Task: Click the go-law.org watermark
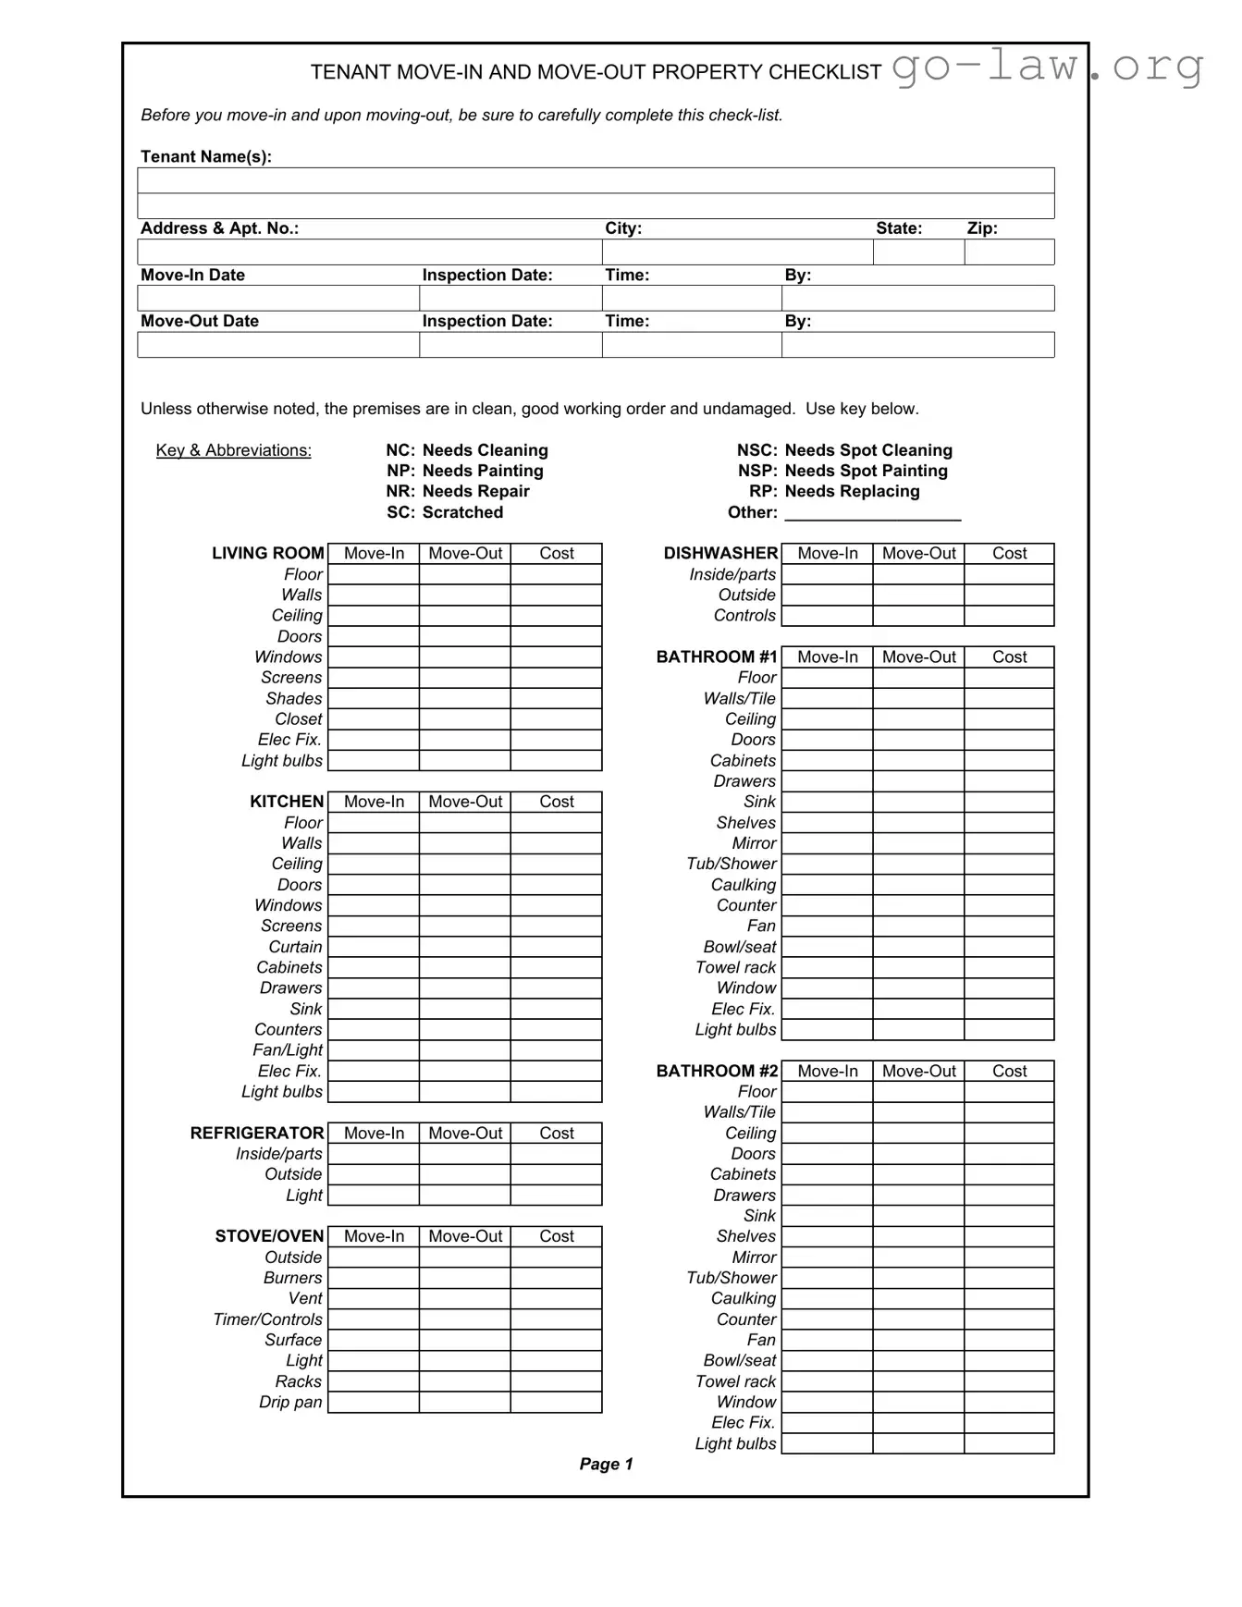pos(1048,67)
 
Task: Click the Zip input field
pos(1009,252)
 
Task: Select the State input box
pos(918,252)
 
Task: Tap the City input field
pos(737,252)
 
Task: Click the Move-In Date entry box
pos(277,299)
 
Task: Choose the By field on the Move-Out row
pos(917,345)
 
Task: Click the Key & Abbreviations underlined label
pos(233,450)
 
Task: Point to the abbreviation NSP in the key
pos(756,471)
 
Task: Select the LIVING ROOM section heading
pos(267,553)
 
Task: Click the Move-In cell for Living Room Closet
pos(374,719)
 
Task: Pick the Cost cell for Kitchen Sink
pos(556,1009)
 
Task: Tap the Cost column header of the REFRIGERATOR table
pos(556,1133)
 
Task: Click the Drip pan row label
pos(290,1402)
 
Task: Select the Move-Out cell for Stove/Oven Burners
pos(464,1278)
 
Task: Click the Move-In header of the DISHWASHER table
pos(827,553)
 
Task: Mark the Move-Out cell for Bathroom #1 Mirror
pos(918,843)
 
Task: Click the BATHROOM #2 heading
pos(717,1071)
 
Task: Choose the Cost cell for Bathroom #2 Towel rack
pos(1009,1381)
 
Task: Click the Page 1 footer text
pos(606,1464)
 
